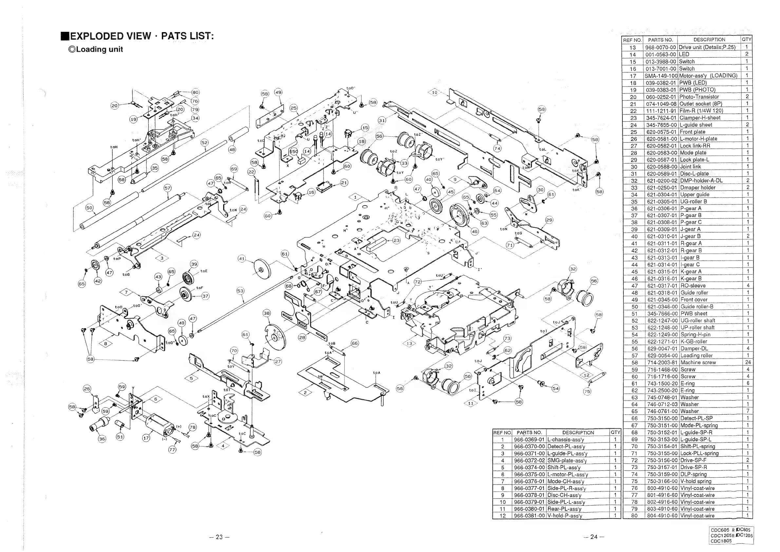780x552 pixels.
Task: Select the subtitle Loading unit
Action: tap(99, 49)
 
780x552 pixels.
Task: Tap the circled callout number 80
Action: tap(195, 92)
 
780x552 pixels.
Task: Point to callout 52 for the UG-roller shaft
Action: tap(204, 142)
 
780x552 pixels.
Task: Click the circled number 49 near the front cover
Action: tap(278, 92)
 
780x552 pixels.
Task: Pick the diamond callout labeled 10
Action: tap(434, 92)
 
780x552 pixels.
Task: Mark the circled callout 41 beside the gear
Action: tap(241, 259)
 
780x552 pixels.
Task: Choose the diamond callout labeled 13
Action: tap(409, 344)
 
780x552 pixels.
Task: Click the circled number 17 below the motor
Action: tap(146, 438)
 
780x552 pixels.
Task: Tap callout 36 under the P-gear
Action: tap(102, 439)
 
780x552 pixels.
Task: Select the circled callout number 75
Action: tap(587, 391)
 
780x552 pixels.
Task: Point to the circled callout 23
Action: tap(396, 241)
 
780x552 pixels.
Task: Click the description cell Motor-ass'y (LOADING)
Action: tap(708, 75)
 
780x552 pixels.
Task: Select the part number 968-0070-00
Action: tap(660, 48)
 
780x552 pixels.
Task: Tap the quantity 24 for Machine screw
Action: tap(747, 362)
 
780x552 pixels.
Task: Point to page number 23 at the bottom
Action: tap(219, 537)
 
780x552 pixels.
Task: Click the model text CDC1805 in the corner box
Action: tap(719, 541)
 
